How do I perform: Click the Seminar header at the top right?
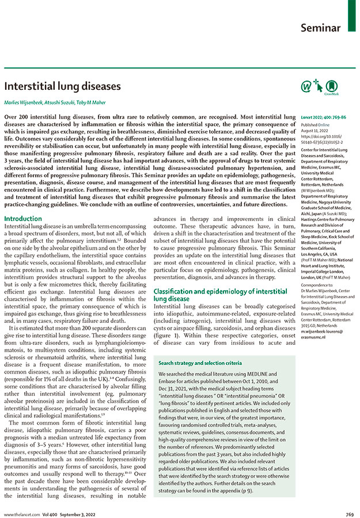coord(321,28)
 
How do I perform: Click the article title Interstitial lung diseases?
coord(63,86)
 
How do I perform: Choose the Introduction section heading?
coord(23,219)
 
